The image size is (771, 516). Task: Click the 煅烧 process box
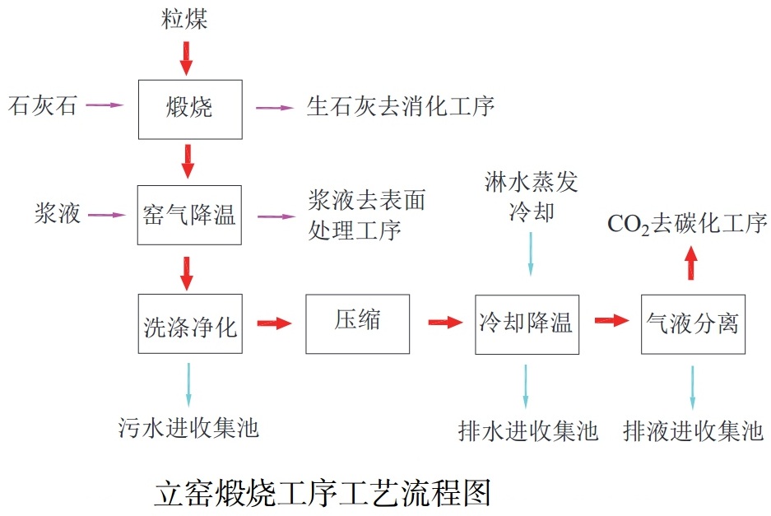190,109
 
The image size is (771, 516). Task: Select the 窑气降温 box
190,216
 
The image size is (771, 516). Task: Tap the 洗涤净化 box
190,324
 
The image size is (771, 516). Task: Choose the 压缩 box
357,323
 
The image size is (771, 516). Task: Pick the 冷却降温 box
526,323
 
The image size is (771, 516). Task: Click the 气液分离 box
693,323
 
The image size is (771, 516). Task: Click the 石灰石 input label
42,105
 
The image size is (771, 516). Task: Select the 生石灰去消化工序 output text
401,106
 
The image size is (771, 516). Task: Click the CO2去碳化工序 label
687,224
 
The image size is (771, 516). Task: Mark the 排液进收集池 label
694,430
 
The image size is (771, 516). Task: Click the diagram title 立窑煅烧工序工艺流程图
323,492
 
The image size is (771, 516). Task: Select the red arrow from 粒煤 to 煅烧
187,57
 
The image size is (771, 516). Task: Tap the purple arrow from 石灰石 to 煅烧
105,105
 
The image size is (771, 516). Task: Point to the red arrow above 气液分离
691,264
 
